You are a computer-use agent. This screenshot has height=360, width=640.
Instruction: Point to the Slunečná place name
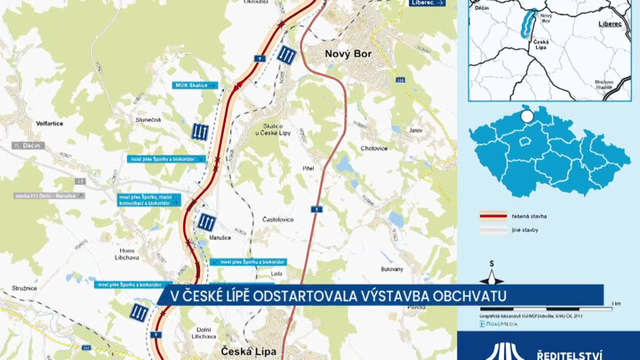click(148, 117)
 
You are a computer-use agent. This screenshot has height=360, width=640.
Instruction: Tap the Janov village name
click(415, 131)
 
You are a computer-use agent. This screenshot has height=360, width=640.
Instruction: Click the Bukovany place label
click(392, 268)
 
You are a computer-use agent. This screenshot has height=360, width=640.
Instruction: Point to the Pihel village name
click(309, 166)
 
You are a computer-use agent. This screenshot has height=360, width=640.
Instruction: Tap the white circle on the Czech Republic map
click(526, 116)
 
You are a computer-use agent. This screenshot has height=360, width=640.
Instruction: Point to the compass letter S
click(492, 264)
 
